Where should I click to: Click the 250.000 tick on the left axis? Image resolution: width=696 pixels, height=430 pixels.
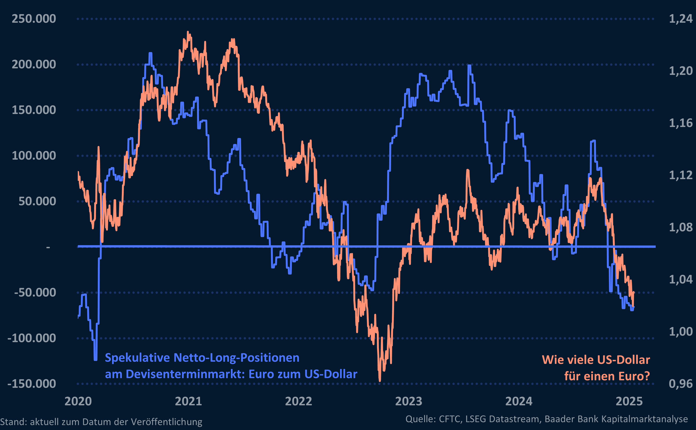[x=34, y=19]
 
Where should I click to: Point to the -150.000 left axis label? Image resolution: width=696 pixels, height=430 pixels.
[x=32, y=384]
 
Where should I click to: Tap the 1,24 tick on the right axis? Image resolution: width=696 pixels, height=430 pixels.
[x=680, y=19]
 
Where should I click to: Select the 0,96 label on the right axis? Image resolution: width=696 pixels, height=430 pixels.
[x=680, y=384]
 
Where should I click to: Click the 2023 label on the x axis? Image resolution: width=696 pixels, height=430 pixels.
[x=409, y=401]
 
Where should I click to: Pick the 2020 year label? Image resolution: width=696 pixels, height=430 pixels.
[x=78, y=401]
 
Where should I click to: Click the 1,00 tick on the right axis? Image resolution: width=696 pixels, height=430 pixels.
[x=680, y=332]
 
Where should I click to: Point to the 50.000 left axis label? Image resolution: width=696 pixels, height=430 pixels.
[x=37, y=201]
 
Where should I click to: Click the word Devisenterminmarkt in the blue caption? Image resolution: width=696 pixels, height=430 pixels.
[x=185, y=374]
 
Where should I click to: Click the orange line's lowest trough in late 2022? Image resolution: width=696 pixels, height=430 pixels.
[x=380, y=381]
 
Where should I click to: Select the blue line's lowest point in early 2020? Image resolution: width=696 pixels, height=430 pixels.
[x=96, y=359]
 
